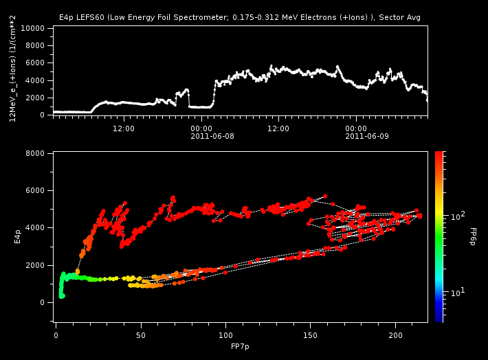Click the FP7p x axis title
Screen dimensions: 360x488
(x=240, y=348)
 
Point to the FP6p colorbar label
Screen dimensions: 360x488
(x=473, y=236)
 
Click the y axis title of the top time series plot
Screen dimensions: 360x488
(x=13, y=73)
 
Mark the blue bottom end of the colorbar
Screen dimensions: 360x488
(x=439, y=319)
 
